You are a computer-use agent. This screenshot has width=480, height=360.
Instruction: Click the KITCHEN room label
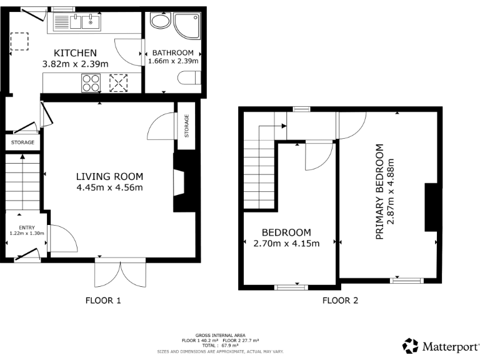coord(75,52)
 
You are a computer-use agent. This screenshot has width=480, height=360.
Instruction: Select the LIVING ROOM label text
coord(110,176)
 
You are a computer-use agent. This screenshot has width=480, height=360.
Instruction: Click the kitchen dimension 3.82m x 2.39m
coord(75,64)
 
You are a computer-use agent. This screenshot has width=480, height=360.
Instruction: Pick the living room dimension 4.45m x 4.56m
coord(110,187)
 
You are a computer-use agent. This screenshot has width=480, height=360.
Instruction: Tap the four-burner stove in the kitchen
coord(91,82)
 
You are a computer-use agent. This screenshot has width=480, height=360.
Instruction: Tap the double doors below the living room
coord(121,272)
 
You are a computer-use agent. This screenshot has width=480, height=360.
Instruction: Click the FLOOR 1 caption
coord(102,301)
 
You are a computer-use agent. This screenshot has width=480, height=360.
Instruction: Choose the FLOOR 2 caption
coord(340,301)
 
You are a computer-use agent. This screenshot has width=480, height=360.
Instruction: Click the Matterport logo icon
coord(410,346)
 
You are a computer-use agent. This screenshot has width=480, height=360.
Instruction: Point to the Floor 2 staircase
coord(259,172)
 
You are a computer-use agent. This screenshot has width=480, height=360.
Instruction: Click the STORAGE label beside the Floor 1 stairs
coord(23,142)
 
